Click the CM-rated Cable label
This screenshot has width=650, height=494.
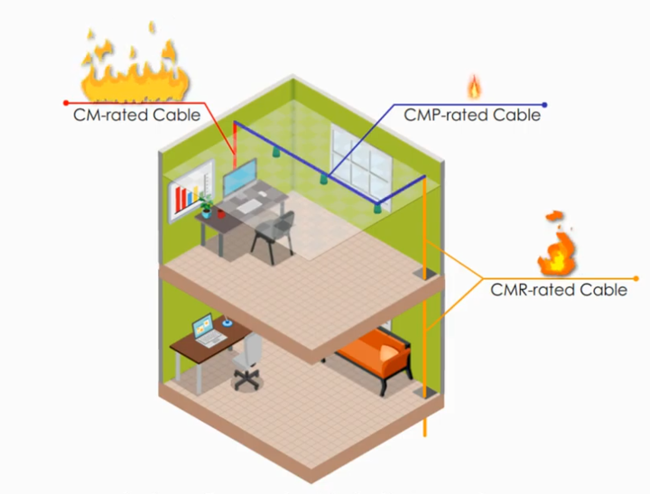tap(137, 115)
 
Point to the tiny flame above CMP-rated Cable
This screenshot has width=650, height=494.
tap(474, 87)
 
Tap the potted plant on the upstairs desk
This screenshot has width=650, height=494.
tap(207, 204)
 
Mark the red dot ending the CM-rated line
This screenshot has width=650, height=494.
tap(65, 103)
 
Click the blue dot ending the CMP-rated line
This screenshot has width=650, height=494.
tap(544, 104)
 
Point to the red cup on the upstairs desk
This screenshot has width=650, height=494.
tap(218, 214)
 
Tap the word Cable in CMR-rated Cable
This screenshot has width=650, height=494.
tap(604, 290)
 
